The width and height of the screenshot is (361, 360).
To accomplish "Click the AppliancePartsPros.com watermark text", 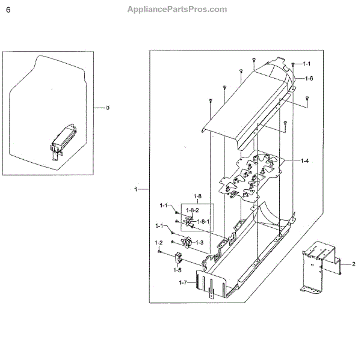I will [177, 9].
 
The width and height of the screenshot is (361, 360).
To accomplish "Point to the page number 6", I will [8, 10].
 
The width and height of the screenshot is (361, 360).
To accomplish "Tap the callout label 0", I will [108, 108].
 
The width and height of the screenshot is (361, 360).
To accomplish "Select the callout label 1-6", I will [309, 78].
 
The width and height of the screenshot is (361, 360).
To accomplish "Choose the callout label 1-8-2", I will [192, 210].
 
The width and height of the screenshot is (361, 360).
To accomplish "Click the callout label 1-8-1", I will [205, 222].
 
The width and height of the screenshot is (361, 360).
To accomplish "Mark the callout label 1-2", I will [159, 243].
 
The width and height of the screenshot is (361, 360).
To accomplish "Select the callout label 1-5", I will [177, 270].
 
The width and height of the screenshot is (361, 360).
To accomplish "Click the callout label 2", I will [354, 264].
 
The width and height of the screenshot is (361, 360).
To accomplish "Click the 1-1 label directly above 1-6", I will [306, 64].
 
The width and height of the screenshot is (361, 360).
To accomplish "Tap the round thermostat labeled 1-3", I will [187, 243].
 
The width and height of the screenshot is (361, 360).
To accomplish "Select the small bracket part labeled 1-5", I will [179, 258].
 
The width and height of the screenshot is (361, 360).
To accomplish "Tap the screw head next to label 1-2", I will [159, 252].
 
